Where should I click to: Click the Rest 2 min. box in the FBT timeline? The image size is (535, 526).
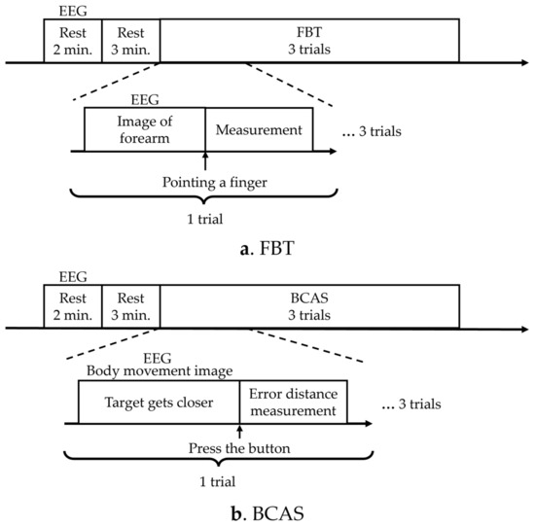tap(73, 42)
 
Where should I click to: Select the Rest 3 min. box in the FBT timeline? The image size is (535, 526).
tap(130, 42)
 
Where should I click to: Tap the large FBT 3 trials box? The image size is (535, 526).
tap(309, 42)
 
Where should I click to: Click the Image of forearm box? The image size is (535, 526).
tap(144, 129)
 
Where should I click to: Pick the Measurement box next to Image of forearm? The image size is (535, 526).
tap(259, 129)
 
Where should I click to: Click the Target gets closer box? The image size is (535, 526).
tap(159, 403)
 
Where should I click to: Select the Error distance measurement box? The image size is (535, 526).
tap(293, 403)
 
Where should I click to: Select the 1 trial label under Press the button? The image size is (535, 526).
tap(205, 479)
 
